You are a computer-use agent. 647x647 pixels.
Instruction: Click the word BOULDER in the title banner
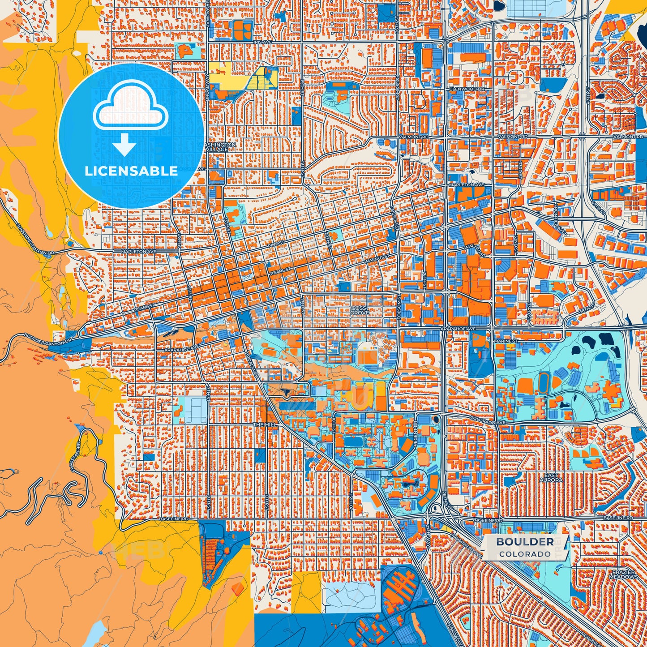click(525, 542)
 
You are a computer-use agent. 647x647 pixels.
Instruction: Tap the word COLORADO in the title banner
click(525, 554)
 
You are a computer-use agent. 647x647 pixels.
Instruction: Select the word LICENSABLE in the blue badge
click(131, 171)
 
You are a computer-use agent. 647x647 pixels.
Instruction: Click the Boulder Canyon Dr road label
click(47, 338)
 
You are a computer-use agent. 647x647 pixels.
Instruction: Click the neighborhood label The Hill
click(264, 424)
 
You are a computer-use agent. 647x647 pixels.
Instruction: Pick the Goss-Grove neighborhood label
click(360, 310)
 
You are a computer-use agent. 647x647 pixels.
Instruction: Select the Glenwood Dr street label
click(467, 89)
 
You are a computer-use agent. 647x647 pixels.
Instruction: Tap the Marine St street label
click(506, 341)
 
